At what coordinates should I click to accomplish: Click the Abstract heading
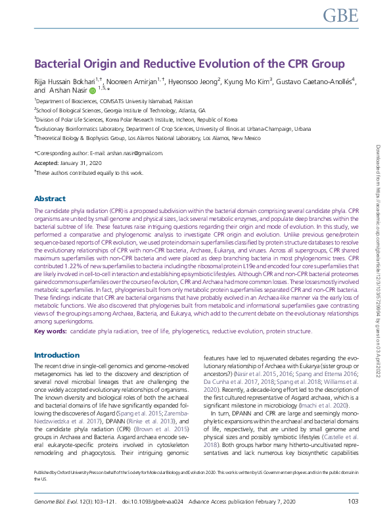tap(50, 199)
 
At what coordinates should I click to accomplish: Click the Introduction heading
tap(57, 355)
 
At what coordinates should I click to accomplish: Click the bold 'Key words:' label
tap(50, 332)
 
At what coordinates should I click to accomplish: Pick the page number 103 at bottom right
tap(352, 502)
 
